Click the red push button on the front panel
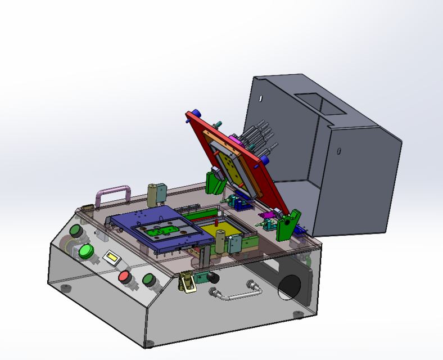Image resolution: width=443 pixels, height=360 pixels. point(124,276)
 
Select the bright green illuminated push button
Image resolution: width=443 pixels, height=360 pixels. point(85,251)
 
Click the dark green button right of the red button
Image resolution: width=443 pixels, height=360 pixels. point(149,279)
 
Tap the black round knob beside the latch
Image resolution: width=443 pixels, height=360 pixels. point(213,278)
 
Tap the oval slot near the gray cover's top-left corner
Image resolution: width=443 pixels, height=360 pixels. point(260,98)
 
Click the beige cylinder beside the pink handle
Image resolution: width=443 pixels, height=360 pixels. point(152,193)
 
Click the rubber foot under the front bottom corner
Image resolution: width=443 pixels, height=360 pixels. point(148,343)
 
